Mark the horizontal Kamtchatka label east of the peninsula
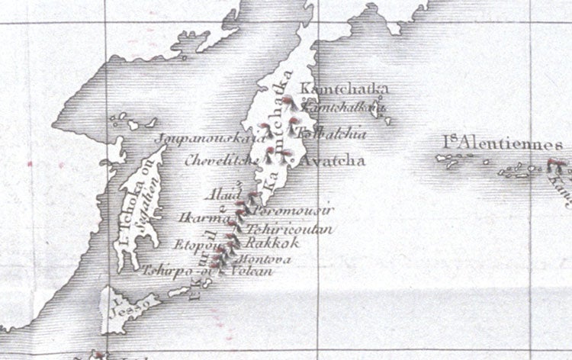[x=339, y=90]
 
